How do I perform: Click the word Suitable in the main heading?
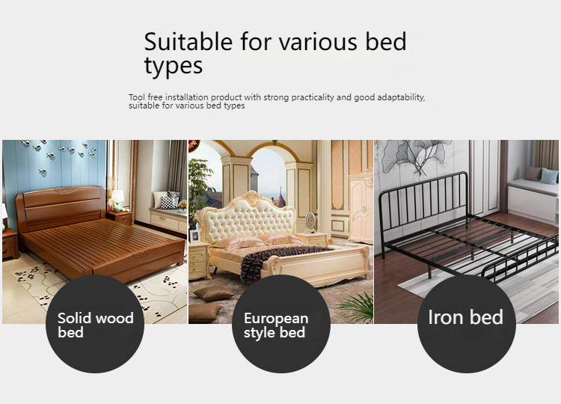pos(188,41)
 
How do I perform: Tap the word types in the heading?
pos(174,67)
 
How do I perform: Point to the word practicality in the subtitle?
pos(313,97)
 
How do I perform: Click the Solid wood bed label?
pos(96,325)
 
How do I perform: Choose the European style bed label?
pos(276,325)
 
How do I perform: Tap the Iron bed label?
pos(466,317)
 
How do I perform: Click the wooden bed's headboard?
pos(61,207)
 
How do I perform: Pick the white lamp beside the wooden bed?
pos(117,201)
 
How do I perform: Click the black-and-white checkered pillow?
pos(168,203)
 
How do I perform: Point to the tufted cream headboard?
pos(247,216)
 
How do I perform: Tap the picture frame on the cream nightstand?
pos(194,236)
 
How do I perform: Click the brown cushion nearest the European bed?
pos(214,294)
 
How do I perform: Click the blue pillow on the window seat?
pos(549,176)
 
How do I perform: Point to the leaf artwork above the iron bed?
pos(415,156)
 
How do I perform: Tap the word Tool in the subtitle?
pos(137,97)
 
